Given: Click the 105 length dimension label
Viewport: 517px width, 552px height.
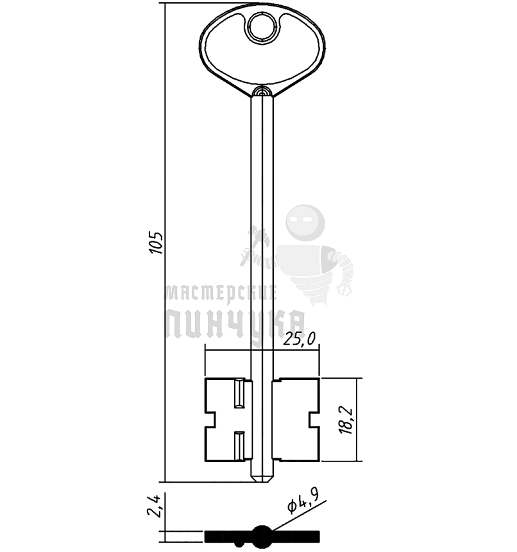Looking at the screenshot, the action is (156, 243).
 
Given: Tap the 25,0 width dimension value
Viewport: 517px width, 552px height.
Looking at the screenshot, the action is (300, 339).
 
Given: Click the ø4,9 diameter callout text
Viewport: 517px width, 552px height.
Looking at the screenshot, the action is (303, 501).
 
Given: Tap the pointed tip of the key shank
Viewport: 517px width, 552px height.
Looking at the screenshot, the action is (262, 481).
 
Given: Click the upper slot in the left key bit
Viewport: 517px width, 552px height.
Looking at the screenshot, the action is (239, 393).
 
